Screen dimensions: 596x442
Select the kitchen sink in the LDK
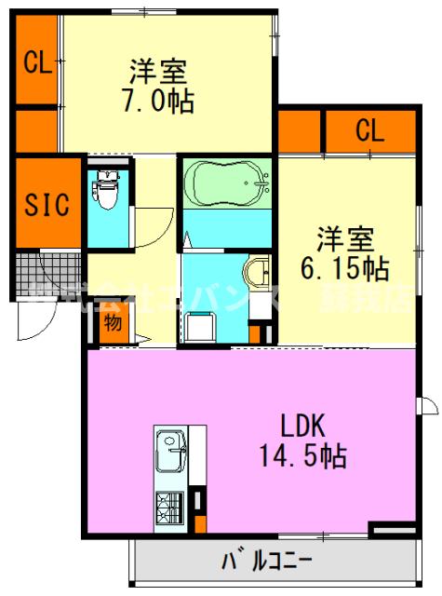171,455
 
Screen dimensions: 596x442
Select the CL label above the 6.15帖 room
368,130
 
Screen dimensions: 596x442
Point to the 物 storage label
113,323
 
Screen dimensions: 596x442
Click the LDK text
302,427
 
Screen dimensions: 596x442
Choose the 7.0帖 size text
158,101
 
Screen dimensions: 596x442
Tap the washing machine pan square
199,327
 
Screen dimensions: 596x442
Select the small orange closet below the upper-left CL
37,130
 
